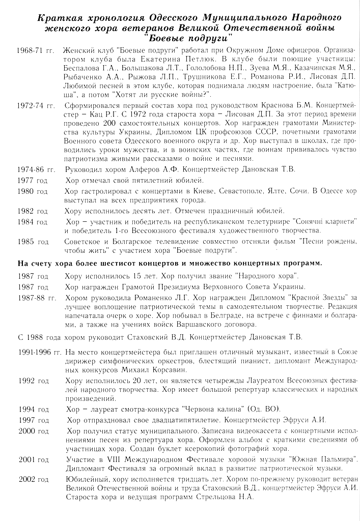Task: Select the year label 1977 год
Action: (32, 181)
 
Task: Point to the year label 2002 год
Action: (34, 479)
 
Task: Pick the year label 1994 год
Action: (34, 409)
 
